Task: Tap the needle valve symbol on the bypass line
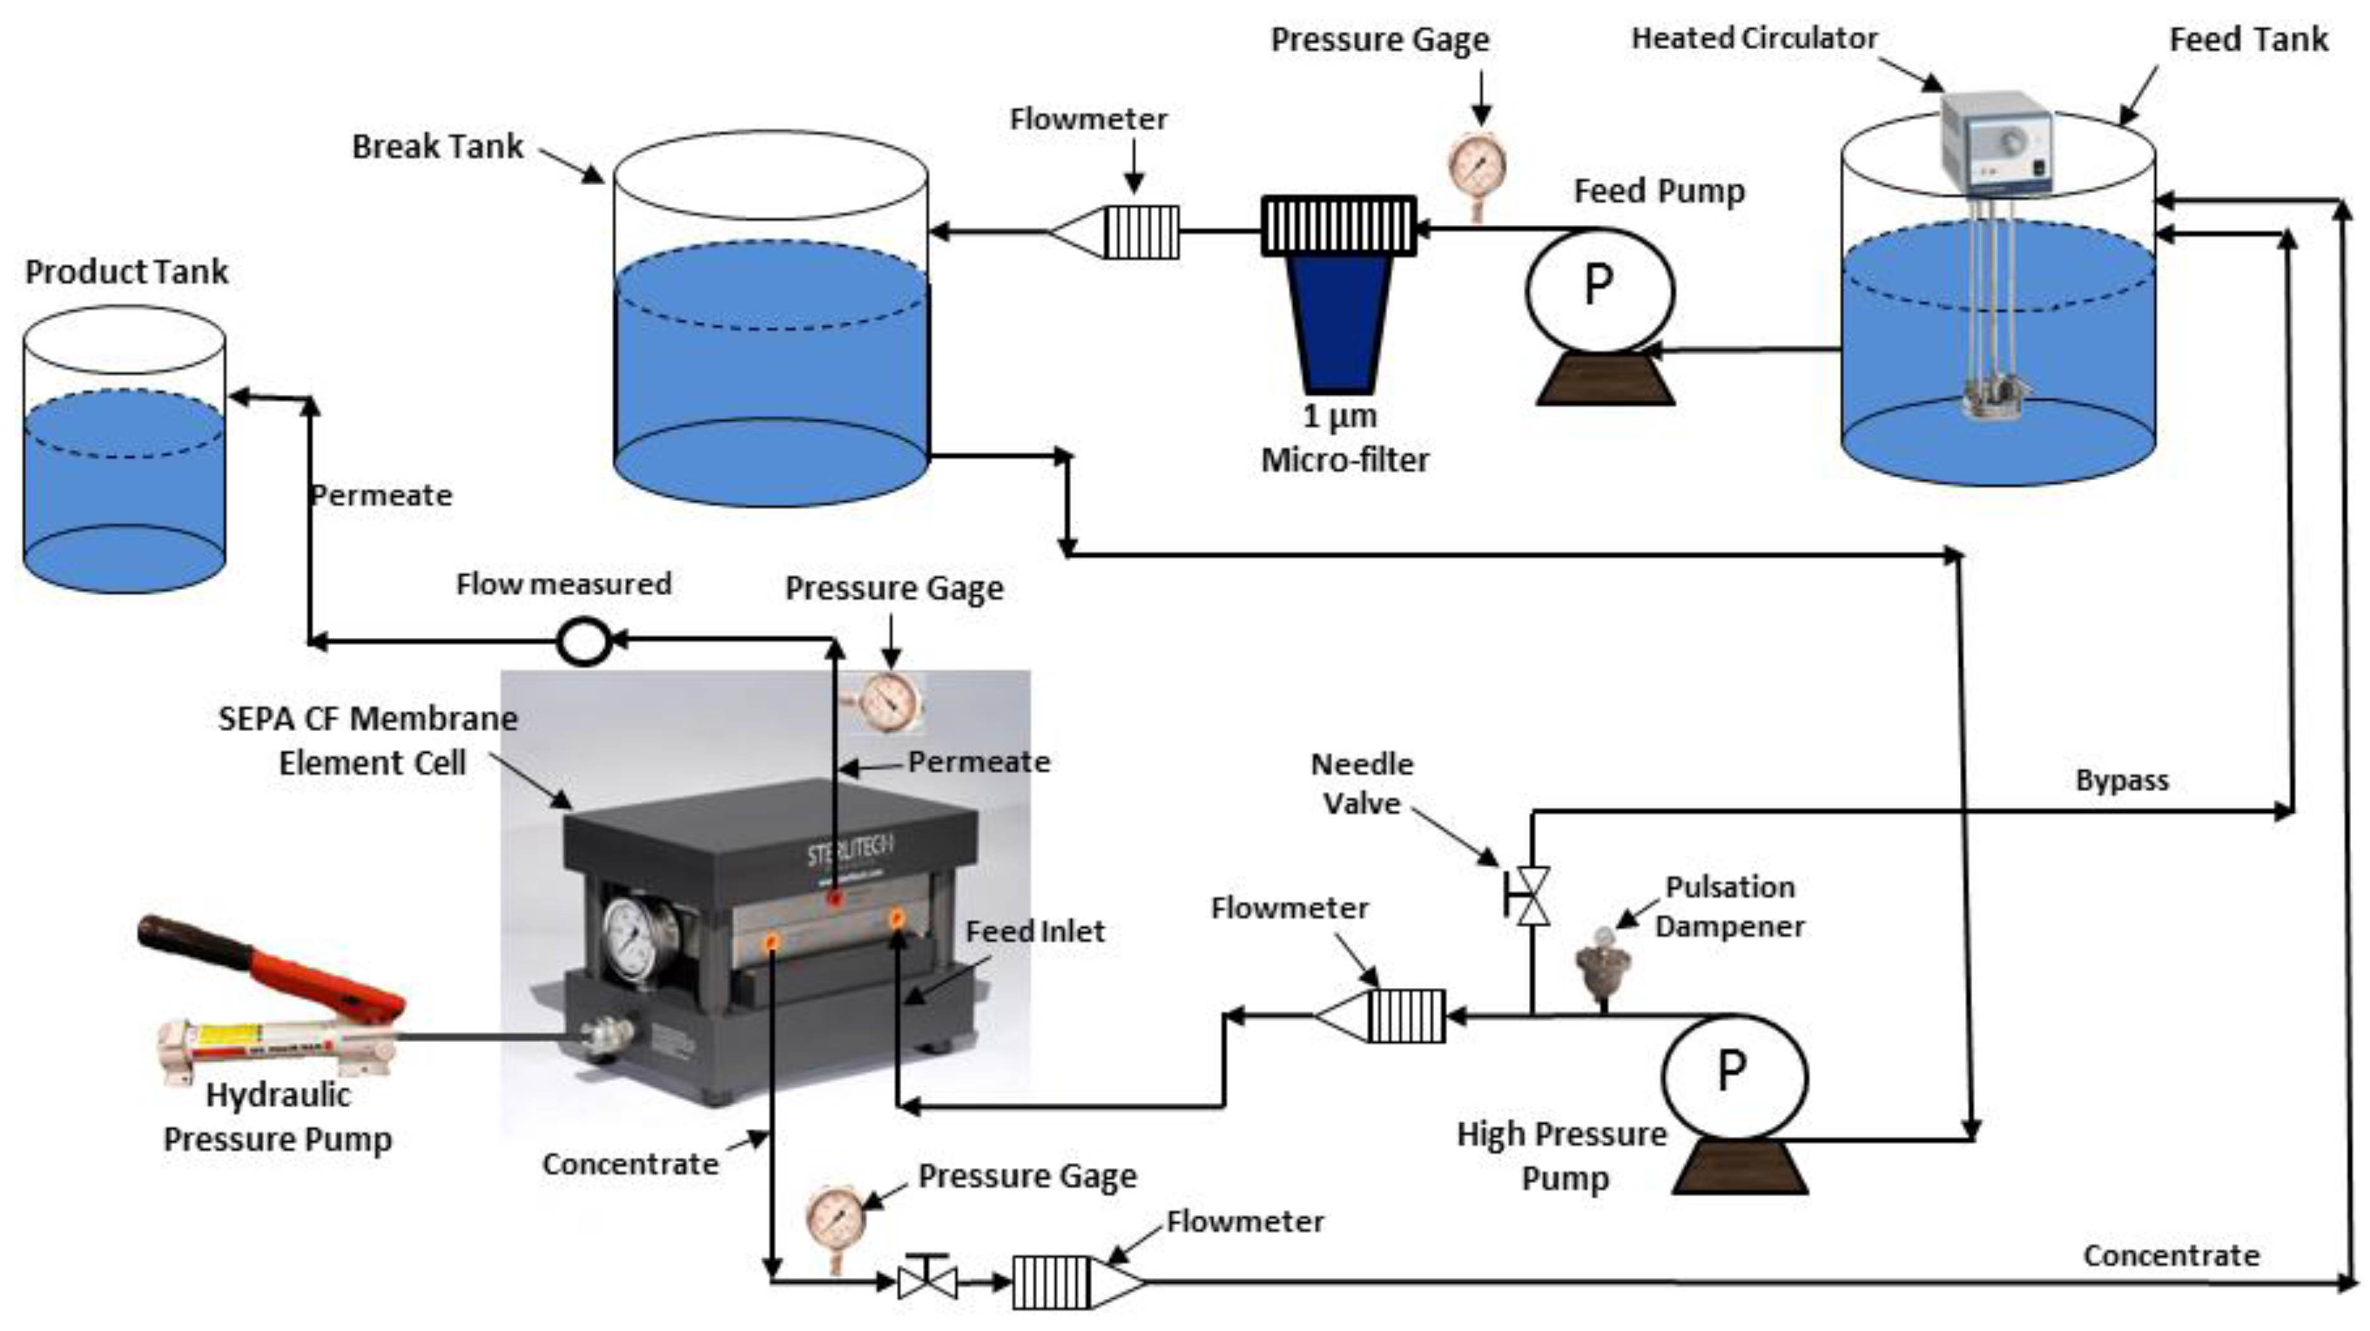pyautogui.click(x=1529, y=895)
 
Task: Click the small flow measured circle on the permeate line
pyautogui.click(x=584, y=641)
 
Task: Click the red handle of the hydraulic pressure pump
pyautogui.click(x=276, y=961)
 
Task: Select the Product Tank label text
pyautogui.click(x=126, y=272)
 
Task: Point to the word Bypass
pyautogui.click(x=2122, y=781)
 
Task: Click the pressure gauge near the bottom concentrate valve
pyautogui.click(x=836, y=1219)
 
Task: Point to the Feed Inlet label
pyautogui.click(x=1034, y=932)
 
